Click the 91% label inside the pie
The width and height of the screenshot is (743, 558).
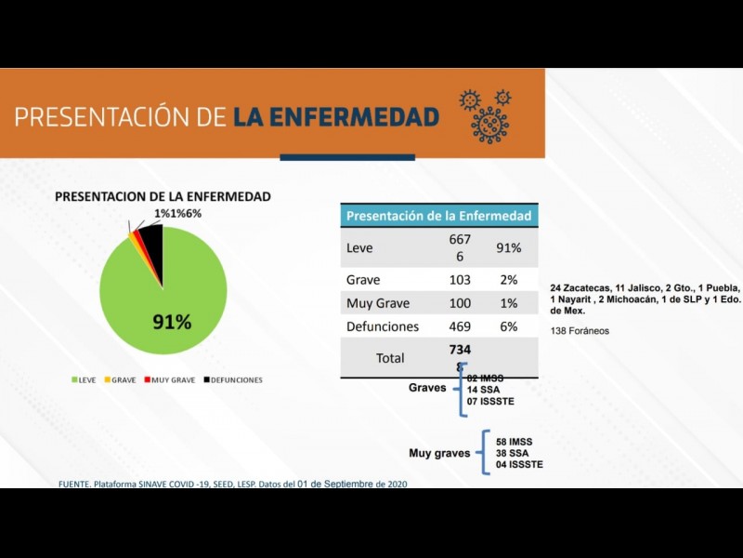point(172,323)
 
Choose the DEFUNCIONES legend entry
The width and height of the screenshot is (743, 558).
point(233,379)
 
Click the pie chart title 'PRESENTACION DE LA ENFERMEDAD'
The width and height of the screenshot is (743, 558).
point(163,196)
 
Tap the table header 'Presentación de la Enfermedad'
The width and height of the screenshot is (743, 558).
point(438,216)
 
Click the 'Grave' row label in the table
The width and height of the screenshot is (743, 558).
point(363,279)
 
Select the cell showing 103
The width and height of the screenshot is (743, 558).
point(460,279)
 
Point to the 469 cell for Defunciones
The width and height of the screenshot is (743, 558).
point(460,326)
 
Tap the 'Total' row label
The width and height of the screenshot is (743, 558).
point(390,357)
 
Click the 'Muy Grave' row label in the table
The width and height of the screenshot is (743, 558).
point(378,303)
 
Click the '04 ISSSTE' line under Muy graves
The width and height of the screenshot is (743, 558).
point(519,464)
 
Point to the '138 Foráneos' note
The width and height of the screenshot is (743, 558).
point(580,330)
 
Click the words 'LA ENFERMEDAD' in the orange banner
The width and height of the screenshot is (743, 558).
point(335,116)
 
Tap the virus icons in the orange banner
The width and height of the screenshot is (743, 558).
point(487,114)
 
